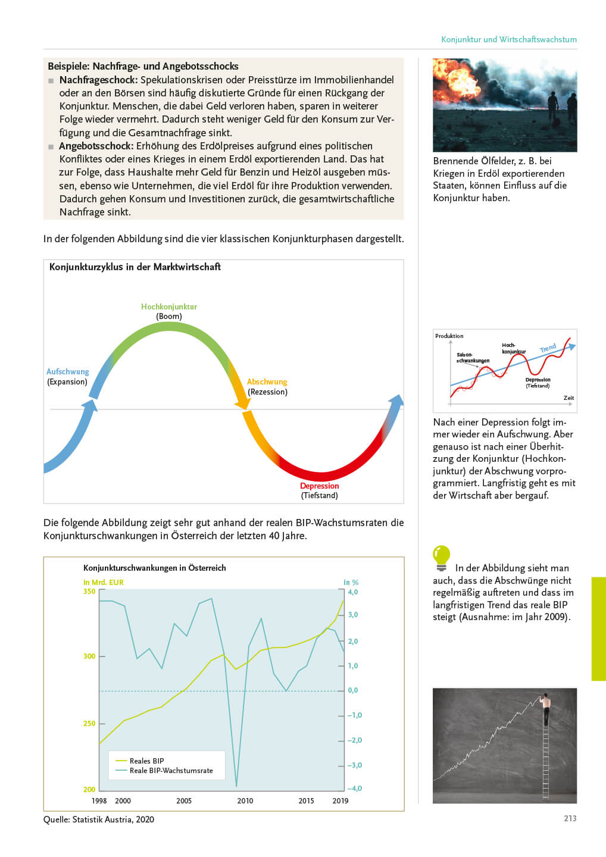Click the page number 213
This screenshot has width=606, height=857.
pos(570,818)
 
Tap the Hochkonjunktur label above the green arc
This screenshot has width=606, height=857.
pos(169,306)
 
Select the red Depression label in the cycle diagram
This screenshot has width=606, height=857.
pos(319,486)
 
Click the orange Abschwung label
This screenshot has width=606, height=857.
pos(267,381)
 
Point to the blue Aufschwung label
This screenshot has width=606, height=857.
pos(67,371)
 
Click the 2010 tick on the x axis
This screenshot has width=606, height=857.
pos(245,800)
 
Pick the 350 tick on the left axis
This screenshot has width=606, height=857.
pos(89,592)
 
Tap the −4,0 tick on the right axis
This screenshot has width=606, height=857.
pos(355,788)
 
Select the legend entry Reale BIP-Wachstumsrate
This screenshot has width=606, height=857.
pos(171,771)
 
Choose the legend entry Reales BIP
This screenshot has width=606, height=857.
pos(146,761)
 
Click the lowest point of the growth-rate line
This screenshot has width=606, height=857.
pos(236,786)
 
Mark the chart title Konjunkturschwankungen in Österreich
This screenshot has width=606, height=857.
pos(155,568)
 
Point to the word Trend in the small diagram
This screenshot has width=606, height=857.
pos(548,348)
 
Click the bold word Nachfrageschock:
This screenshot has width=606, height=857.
pos(98,80)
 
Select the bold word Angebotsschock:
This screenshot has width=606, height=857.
pos(96,146)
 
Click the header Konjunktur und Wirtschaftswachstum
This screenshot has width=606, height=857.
pos(509,39)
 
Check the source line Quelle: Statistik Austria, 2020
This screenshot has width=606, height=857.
pos(99,820)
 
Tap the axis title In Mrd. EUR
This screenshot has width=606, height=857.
pos(104,582)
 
